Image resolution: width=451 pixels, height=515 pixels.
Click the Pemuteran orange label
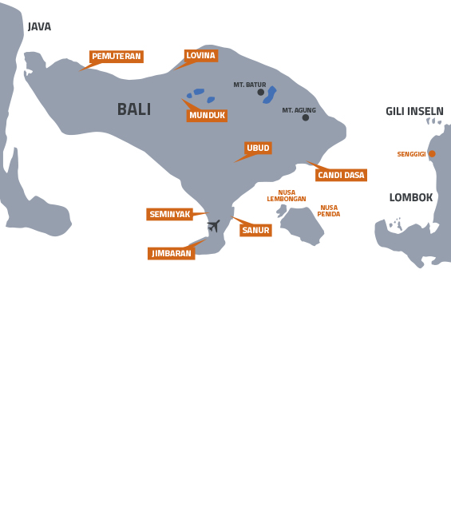[117, 57]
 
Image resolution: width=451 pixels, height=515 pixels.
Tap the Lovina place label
[200, 56]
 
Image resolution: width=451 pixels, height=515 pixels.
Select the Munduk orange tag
[207, 116]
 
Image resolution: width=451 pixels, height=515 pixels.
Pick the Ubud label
[258, 148]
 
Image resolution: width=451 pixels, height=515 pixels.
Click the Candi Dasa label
[341, 175]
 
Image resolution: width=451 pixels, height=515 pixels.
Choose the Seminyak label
[170, 214]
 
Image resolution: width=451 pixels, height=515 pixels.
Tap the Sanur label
[255, 230]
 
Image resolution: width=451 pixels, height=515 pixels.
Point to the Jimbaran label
[172, 253]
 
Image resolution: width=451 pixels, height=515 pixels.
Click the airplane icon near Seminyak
[213, 226]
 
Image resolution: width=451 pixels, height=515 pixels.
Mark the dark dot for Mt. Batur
[260, 92]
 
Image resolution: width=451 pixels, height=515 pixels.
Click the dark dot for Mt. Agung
[305, 117]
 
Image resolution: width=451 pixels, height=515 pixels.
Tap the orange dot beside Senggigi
[432, 153]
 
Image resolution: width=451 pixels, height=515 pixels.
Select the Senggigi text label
[411, 154]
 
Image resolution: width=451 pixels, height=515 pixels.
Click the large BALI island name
[134, 109]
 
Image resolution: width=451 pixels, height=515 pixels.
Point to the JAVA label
[39, 27]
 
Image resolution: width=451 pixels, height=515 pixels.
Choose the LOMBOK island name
[411, 197]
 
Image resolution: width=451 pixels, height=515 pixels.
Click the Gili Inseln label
[414, 112]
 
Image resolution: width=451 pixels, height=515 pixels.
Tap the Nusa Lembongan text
[287, 196]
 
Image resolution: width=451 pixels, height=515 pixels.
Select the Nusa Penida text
[329, 211]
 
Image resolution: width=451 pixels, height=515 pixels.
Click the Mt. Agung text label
[299, 110]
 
